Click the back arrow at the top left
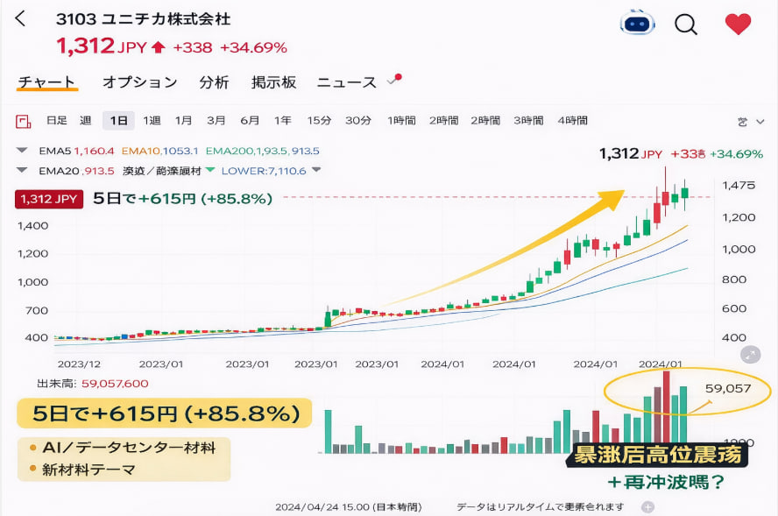(21, 19)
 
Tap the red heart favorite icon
(738, 24)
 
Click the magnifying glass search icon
(686, 24)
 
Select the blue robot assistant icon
(637, 23)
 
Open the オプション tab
(139, 82)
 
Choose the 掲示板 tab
(273, 82)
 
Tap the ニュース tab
(346, 82)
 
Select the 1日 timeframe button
(118, 121)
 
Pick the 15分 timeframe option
(319, 121)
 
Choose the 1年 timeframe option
(282, 121)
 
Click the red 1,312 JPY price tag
(48, 199)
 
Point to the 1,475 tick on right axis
(739, 186)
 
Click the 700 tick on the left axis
(36, 310)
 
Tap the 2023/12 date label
(79, 364)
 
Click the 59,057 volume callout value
(729, 387)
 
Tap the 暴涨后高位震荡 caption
(658, 456)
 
